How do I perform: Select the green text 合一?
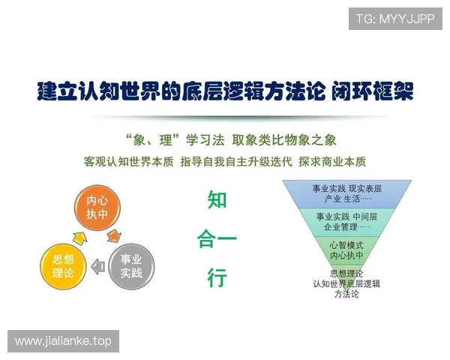[217, 240]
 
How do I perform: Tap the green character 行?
[217, 278]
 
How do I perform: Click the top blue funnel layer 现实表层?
[347, 193]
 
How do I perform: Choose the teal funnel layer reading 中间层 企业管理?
[347, 221]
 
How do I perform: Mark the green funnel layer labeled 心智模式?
[347, 250]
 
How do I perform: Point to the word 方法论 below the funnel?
[346, 293]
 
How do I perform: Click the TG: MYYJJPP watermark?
[395, 19]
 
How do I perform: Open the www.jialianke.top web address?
[63, 341]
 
